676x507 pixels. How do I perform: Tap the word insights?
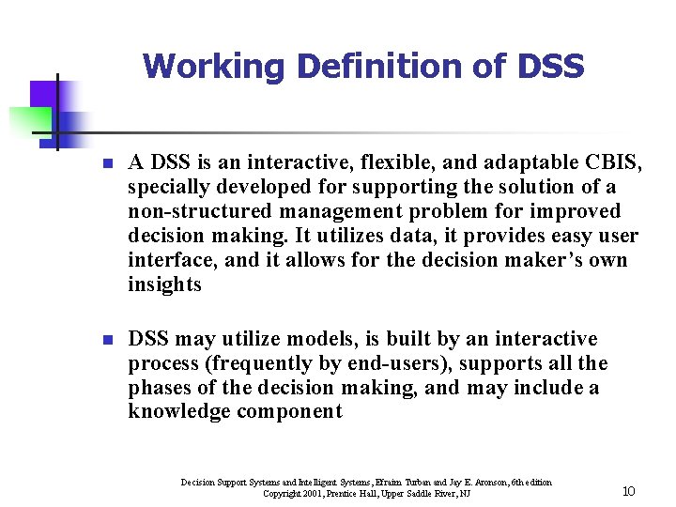click(165, 284)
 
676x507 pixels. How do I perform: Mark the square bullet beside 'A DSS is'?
click(108, 164)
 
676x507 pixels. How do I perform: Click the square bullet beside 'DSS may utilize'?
click(108, 340)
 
